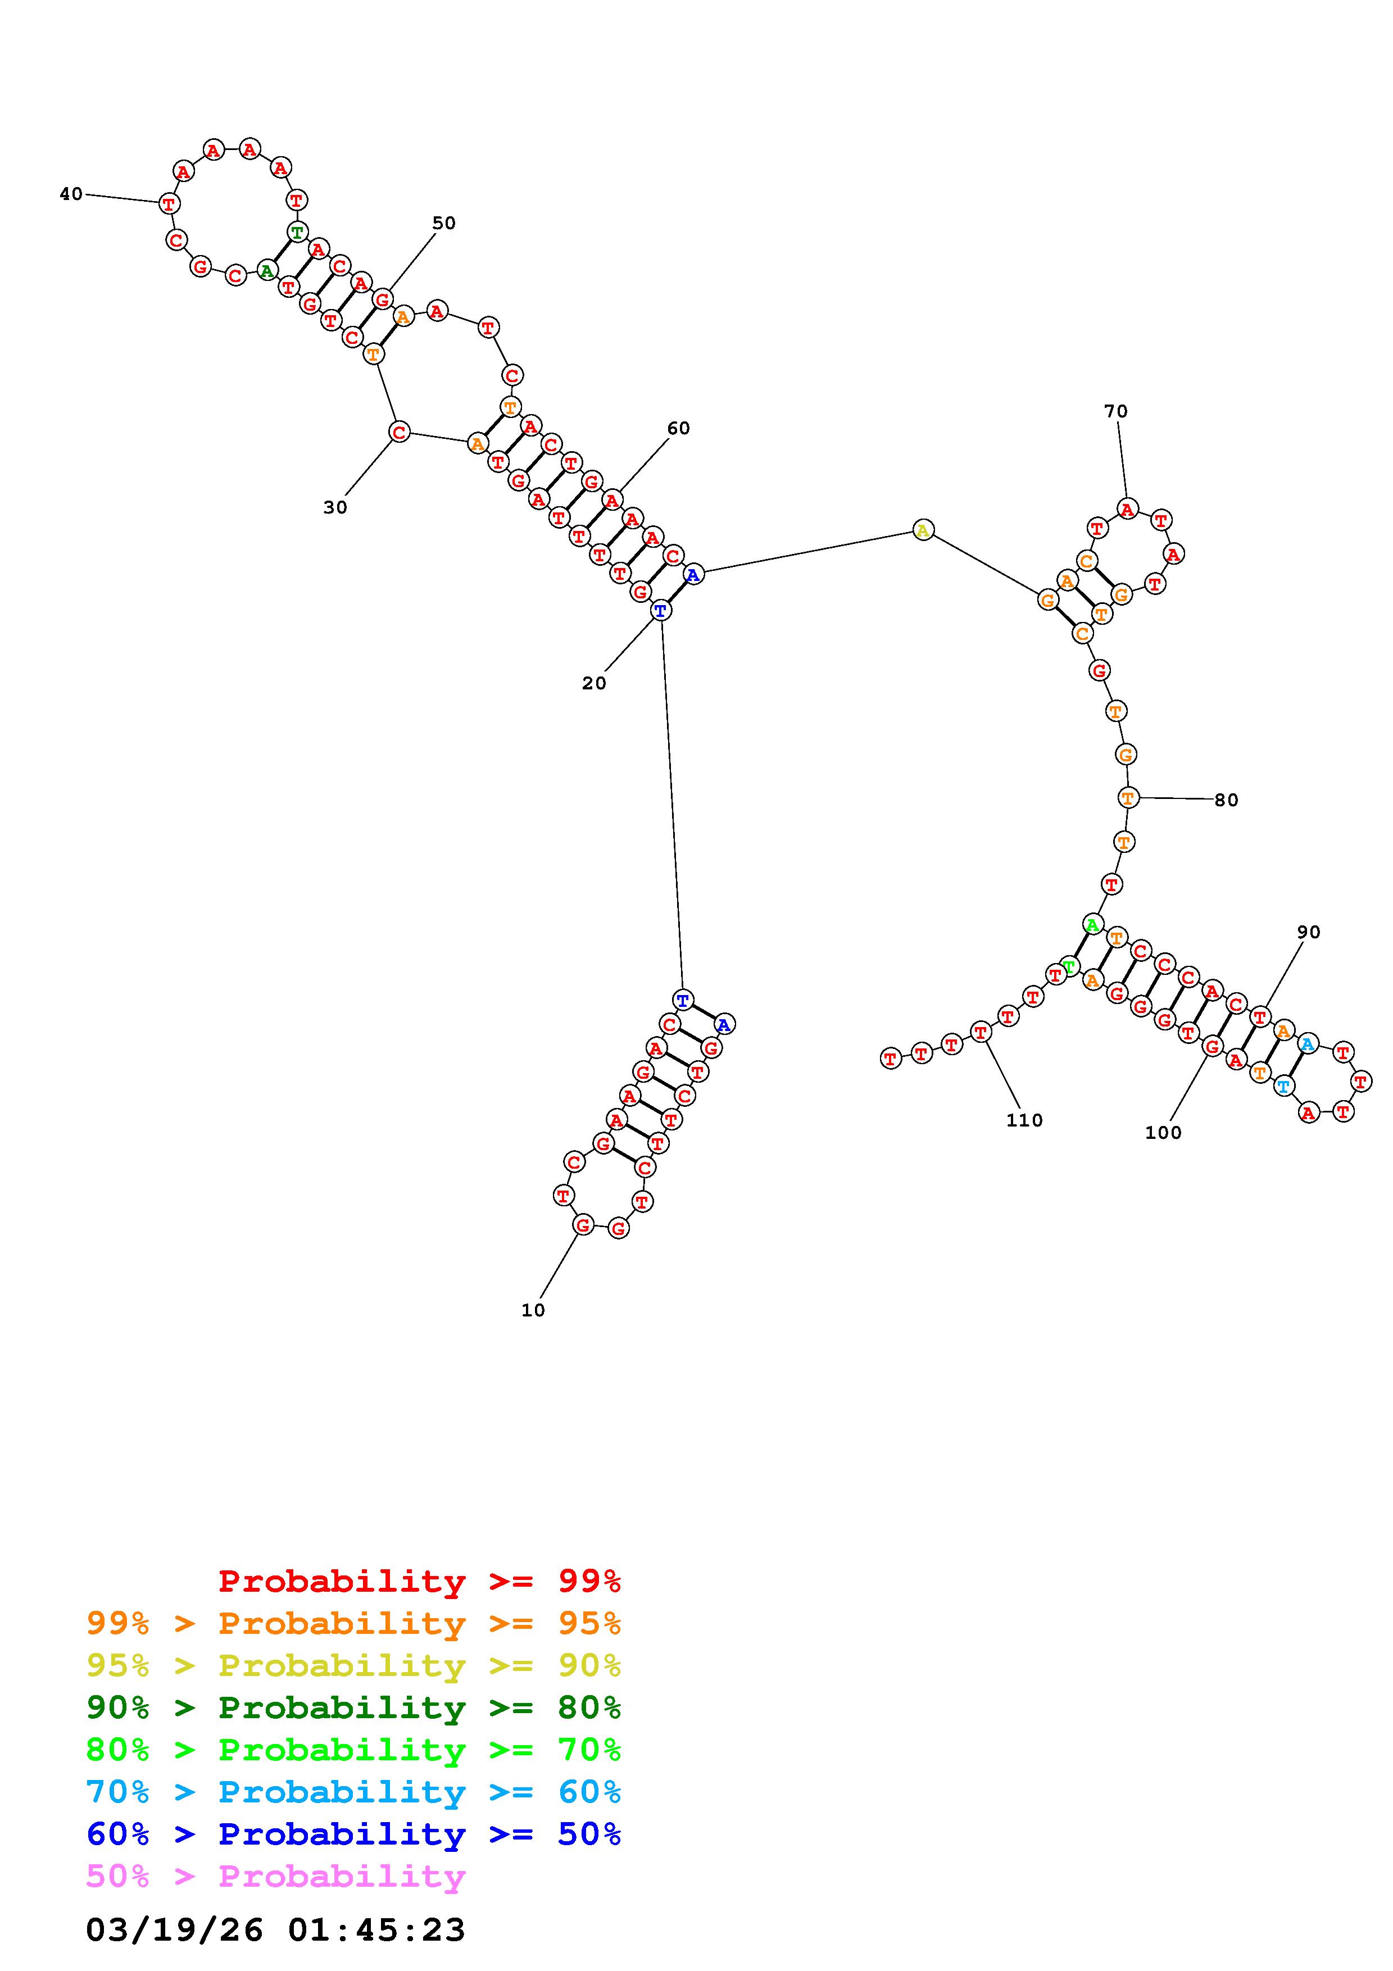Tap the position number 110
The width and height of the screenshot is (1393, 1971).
pyautogui.click(x=1024, y=1120)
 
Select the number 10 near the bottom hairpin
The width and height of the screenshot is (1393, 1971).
pyautogui.click(x=533, y=1310)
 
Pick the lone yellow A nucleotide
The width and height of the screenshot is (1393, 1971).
pyautogui.click(x=923, y=530)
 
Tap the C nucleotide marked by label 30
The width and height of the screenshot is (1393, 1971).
pyautogui.click(x=399, y=432)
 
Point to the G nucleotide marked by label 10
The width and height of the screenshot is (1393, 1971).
pyautogui.click(x=583, y=1225)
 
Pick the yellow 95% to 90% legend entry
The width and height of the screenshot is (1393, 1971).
pyautogui.click(x=353, y=1666)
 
